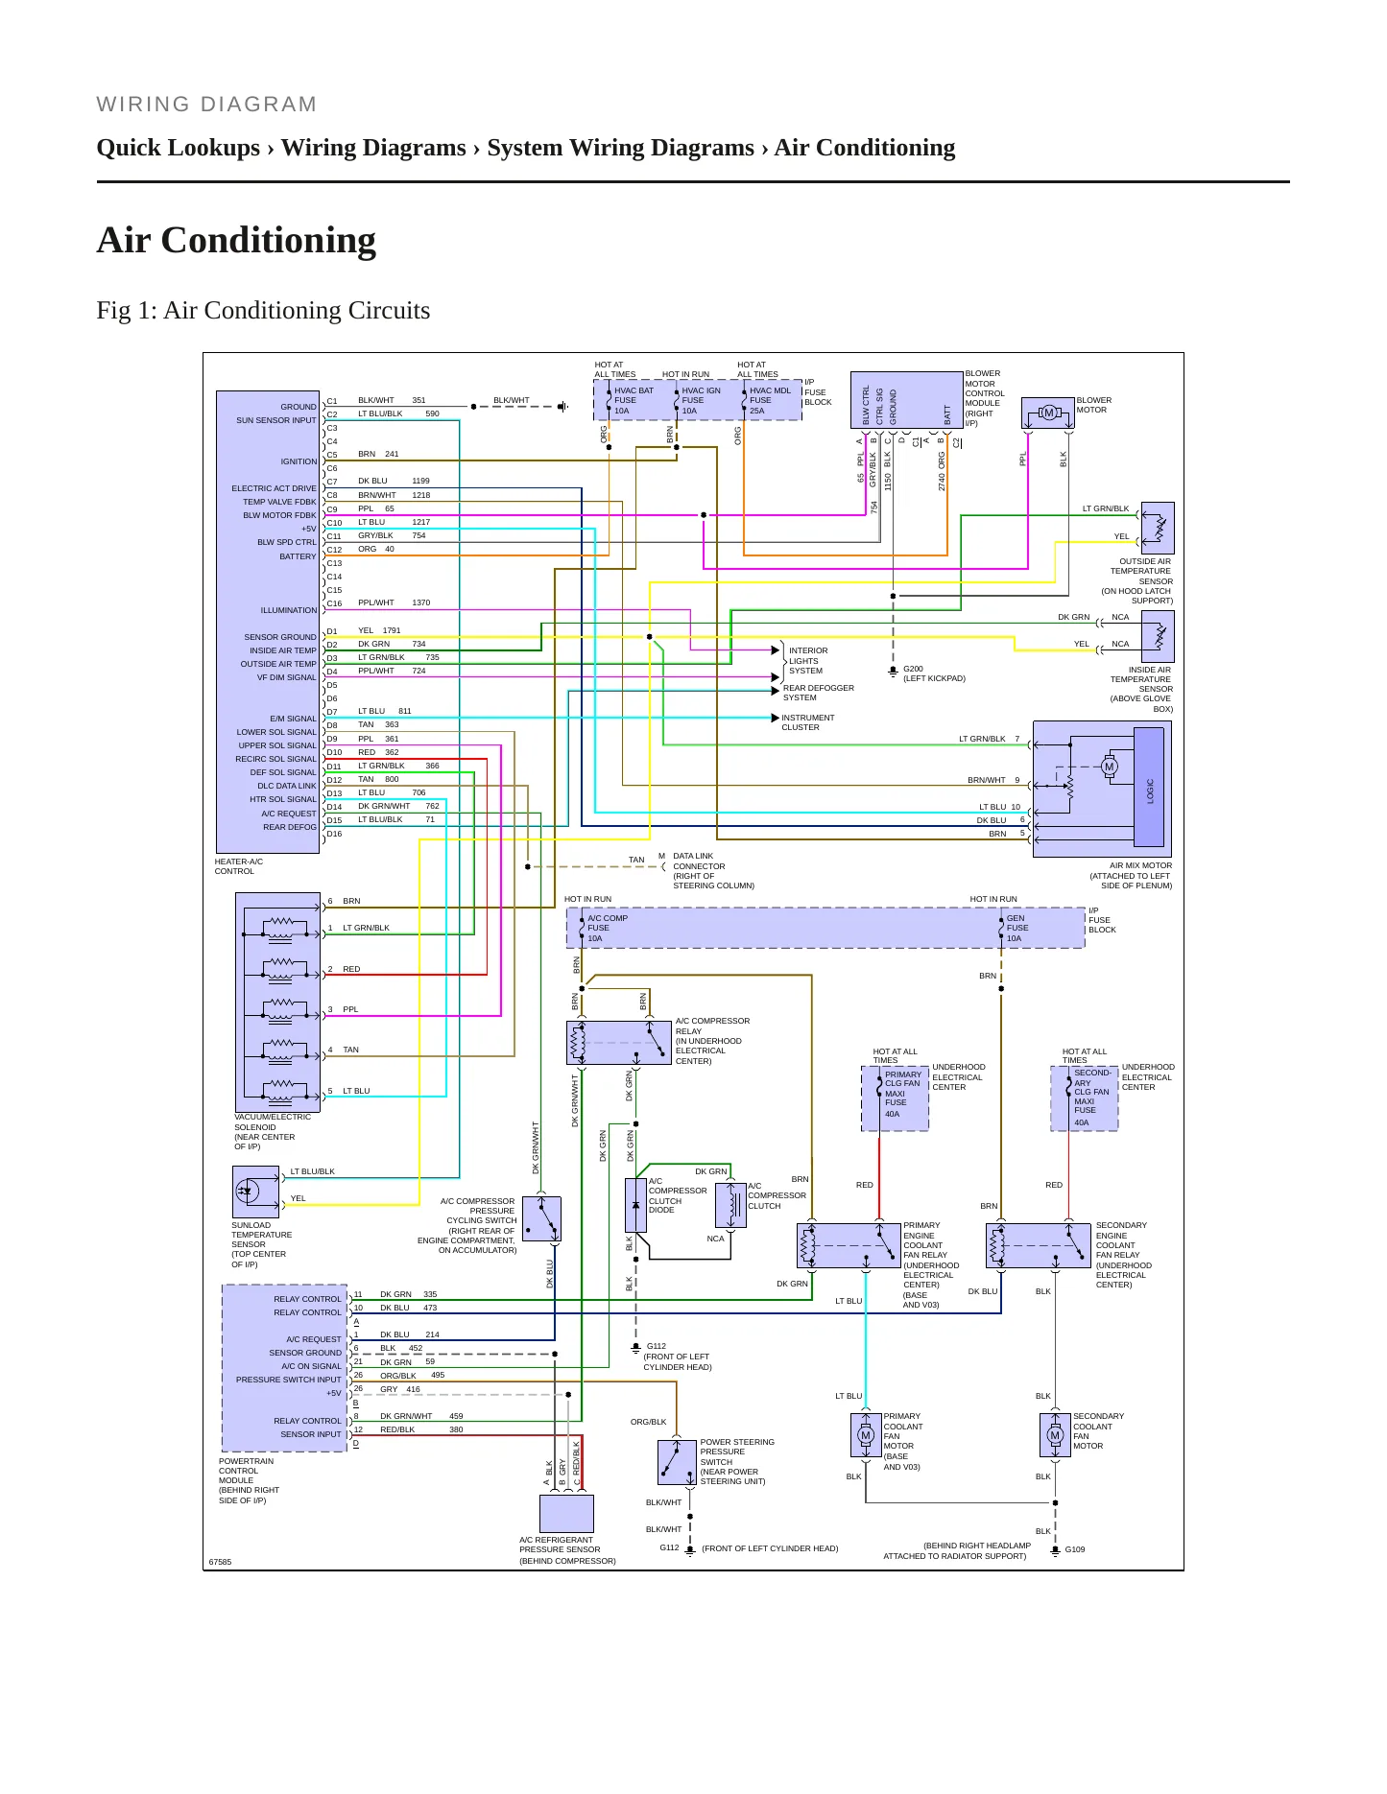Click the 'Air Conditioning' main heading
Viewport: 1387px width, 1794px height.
click(x=236, y=240)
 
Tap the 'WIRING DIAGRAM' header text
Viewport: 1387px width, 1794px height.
click(x=206, y=105)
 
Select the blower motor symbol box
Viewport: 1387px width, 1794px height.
click(x=1048, y=413)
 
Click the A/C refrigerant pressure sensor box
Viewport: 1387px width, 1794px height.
click(x=566, y=1513)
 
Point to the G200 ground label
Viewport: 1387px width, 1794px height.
click(x=913, y=669)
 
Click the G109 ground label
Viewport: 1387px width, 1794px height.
click(x=1075, y=1549)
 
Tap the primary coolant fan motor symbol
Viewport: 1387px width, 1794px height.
click(x=866, y=1435)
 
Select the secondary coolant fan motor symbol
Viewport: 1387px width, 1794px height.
click(x=1055, y=1435)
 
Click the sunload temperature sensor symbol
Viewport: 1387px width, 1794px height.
click(x=255, y=1192)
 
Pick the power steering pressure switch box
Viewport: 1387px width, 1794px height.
click(x=678, y=1462)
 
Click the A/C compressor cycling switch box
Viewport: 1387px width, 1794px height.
click(x=542, y=1219)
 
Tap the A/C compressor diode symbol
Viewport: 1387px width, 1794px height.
click(x=635, y=1205)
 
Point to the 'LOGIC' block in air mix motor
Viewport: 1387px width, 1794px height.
click(x=1149, y=788)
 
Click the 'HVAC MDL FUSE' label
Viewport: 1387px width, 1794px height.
click(x=770, y=395)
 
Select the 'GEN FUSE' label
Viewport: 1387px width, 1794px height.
click(x=1016, y=923)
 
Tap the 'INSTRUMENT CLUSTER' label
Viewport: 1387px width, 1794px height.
click(x=807, y=722)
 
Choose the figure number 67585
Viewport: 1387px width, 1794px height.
click(x=221, y=1562)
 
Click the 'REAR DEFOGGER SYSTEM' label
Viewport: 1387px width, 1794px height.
click(x=818, y=693)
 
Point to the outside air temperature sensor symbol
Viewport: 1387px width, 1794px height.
click(x=1158, y=528)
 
